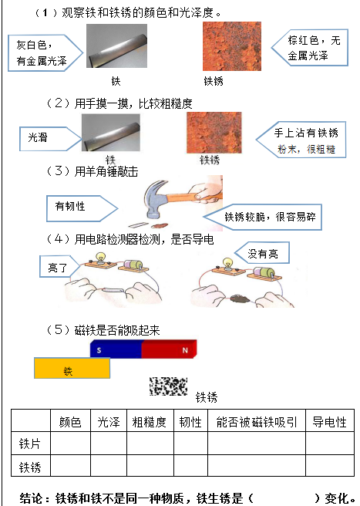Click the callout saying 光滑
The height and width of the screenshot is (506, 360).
tap(49, 139)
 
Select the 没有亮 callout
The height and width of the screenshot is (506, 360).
tap(262, 253)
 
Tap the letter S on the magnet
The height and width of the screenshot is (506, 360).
tap(99, 350)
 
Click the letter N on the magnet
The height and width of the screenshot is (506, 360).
tap(185, 350)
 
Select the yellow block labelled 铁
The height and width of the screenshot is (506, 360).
tap(72, 368)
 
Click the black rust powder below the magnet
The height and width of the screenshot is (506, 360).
tap(168, 386)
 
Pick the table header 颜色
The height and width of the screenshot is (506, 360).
tap(70, 422)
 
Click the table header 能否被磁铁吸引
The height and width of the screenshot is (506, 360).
tap(257, 422)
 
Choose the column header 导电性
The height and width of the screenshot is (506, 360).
tap(329, 422)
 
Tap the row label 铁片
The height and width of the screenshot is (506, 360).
tap(29, 444)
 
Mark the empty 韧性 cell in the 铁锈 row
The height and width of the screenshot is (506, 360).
tap(190, 466)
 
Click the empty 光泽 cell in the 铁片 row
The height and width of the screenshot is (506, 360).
tap(109, 444)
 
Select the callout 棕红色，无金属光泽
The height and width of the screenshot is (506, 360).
tap(310, 48)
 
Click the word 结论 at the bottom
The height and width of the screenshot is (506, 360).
tap(31, 498)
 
